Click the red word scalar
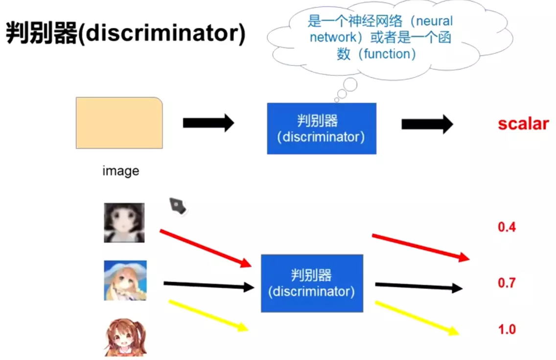523,124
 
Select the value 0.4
507,227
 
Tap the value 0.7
507,283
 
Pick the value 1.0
507,329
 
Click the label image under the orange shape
120,171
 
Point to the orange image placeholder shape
119,123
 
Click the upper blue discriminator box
321,128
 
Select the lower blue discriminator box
312,283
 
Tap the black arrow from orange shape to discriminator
208,123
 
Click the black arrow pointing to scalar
427,124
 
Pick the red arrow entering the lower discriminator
206,248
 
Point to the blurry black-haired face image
124,223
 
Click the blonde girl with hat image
125,280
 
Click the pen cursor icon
178,206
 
